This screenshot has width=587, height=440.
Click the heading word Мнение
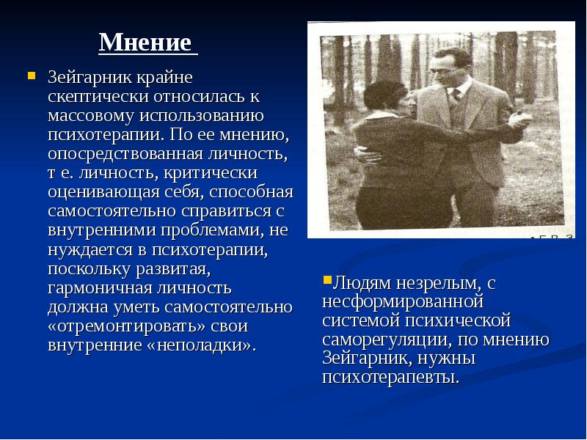[145, 43]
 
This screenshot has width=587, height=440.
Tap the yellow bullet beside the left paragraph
[32, 76]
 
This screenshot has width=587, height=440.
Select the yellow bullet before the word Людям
[327, 280]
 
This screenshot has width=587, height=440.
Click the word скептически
[98, 97]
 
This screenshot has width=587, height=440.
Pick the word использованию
[202, 115]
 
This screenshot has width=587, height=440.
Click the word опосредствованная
[125, 154]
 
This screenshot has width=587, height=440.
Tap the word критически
[211, 173]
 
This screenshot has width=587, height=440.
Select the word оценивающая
[104, 192]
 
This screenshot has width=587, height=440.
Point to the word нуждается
[90, 249]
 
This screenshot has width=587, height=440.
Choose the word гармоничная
[99, 288]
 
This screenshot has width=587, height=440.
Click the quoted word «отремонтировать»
[127, 326]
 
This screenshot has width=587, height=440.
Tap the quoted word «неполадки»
[200, 345]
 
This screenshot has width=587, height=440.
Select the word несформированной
[403, 301]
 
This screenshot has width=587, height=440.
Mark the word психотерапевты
[391, 377]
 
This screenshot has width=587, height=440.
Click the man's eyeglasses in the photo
[443, 71]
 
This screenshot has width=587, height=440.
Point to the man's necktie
[455, 98]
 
